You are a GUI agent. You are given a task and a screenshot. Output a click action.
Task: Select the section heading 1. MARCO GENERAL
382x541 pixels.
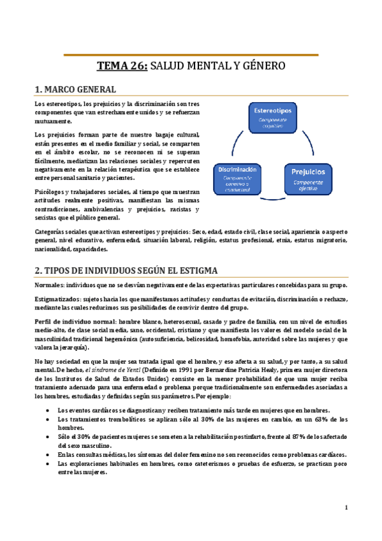pos(75,89)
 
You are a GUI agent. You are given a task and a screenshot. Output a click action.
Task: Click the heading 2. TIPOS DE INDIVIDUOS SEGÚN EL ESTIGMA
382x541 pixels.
pos(126,270)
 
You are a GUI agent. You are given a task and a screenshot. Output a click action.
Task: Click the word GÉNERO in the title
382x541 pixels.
pos(263,66)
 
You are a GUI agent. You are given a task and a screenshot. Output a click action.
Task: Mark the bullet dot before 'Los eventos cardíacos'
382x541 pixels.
pos(48,410)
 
